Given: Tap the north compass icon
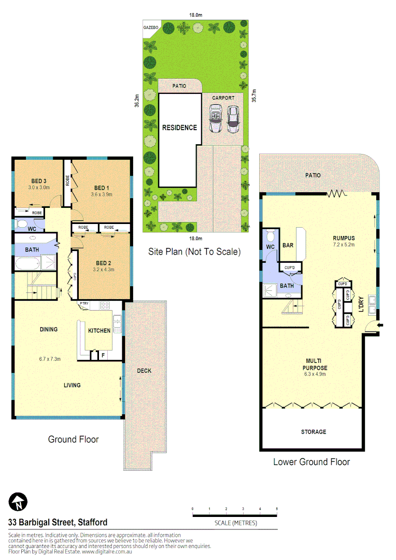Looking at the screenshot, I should (x=18, y=502).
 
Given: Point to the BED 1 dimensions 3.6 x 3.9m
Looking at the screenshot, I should (x=102, y=194).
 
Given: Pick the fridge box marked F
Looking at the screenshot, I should (x=103, y=356).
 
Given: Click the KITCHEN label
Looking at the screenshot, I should (x=99, y=331).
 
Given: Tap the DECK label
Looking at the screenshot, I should (x=144, y=371).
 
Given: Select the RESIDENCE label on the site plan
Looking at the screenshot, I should (x=179, y=128).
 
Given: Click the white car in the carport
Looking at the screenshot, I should (x=215, y=119).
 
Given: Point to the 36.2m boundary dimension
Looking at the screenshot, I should (x=137, y=101).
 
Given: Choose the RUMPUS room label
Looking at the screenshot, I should (x=343, y=239).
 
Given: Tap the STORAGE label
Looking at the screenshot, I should (x=314, y=432).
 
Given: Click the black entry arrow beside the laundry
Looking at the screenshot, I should (x=381, y=325).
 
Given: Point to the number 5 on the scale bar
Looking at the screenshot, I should (x=277, y=509).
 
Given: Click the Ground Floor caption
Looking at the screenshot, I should (x=73, y=440).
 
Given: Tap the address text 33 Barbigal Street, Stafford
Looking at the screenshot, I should (x=58, y=522).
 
